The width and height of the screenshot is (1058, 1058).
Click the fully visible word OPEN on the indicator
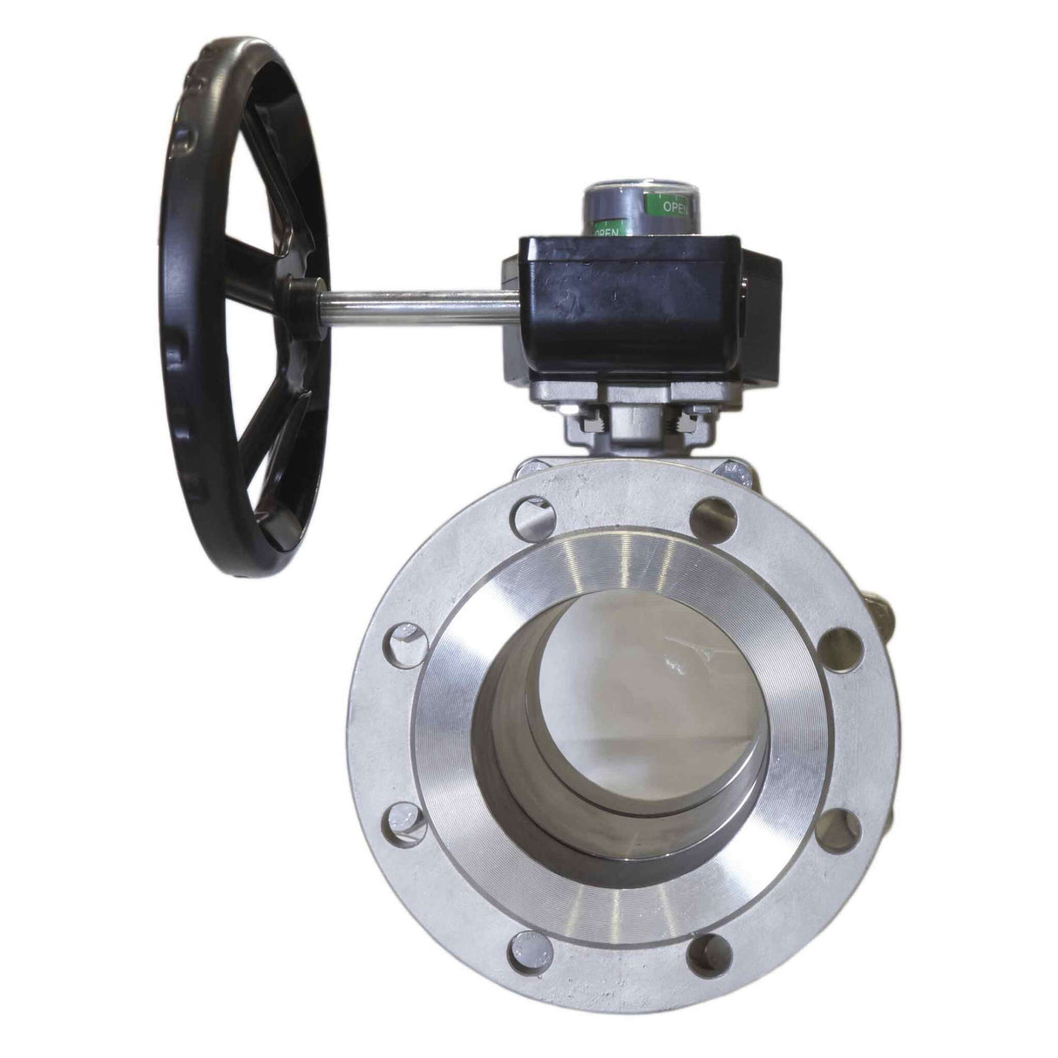(678, 207)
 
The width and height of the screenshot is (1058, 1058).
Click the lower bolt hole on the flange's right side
(840, 826)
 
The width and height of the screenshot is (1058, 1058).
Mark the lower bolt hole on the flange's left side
(406, 824)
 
